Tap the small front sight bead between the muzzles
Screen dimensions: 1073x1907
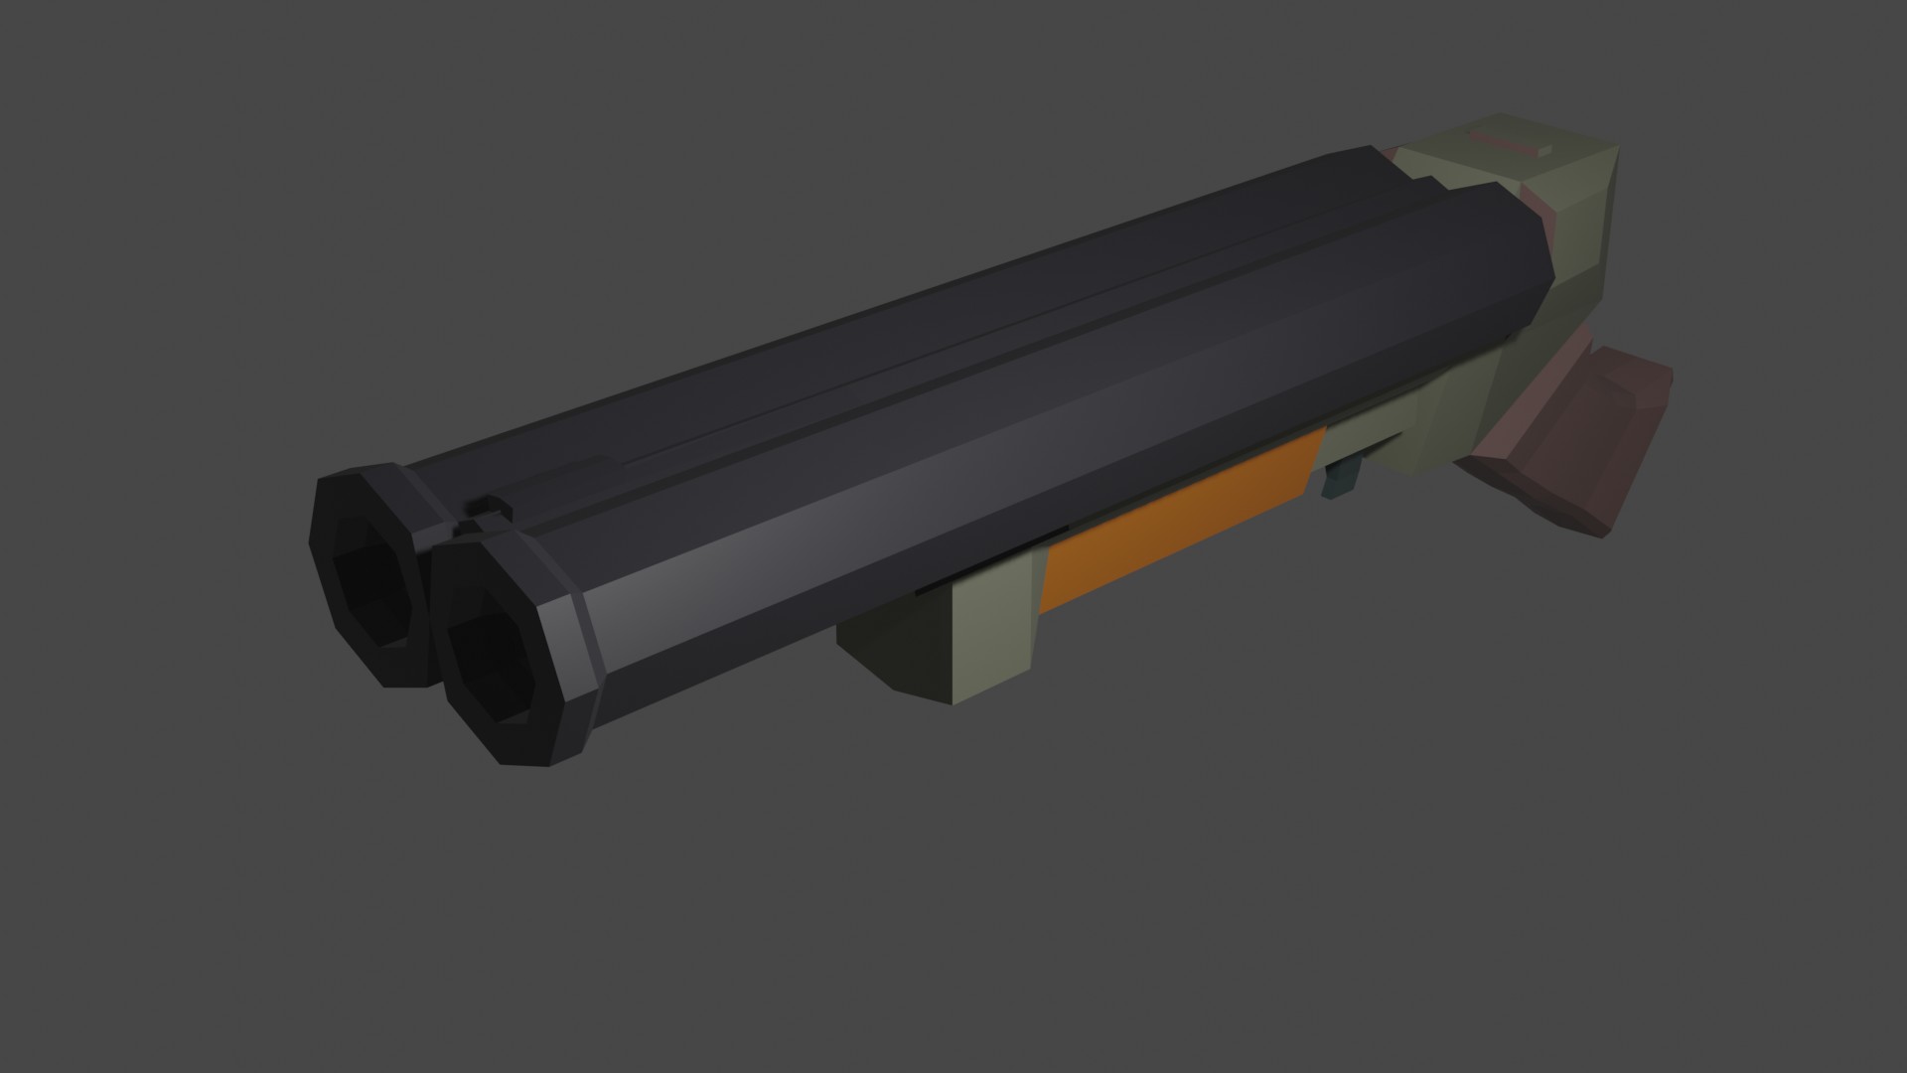[x=487, y=506]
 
